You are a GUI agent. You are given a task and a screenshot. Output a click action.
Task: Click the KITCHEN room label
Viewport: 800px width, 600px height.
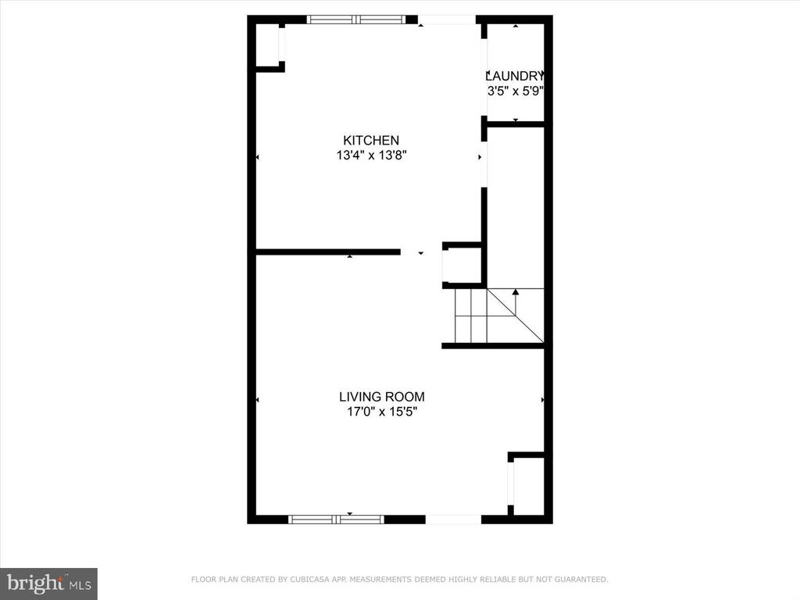(371, 141)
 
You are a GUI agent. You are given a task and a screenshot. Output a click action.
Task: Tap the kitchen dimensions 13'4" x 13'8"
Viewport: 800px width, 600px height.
(371, 155)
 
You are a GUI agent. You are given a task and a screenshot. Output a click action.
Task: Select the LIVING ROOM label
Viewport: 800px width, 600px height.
(381, 396)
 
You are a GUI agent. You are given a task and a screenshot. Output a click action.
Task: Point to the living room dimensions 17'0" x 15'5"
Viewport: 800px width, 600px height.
(382, 411)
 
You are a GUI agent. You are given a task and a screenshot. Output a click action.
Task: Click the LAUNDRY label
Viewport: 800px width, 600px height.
(514, 76)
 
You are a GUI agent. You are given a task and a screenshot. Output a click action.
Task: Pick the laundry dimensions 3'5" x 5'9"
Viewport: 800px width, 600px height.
(515, 91)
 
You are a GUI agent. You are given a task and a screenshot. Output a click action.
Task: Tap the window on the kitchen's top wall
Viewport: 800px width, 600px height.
(356, 20)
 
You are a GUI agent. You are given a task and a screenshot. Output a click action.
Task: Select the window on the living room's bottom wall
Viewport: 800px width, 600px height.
(336, 520)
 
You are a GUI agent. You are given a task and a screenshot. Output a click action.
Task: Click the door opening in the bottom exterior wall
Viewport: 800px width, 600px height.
(453, 520)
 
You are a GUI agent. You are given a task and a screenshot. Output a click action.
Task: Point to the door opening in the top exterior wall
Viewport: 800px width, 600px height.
(448, 20)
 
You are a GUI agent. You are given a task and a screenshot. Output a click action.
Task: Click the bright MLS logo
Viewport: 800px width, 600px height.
(48, 584)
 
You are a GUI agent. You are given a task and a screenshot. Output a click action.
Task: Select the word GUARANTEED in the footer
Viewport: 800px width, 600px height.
(581, 579)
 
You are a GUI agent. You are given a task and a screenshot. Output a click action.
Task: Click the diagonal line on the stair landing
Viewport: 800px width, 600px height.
(516, 316)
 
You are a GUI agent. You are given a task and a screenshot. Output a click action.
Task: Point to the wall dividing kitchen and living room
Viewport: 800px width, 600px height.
(327, 252)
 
